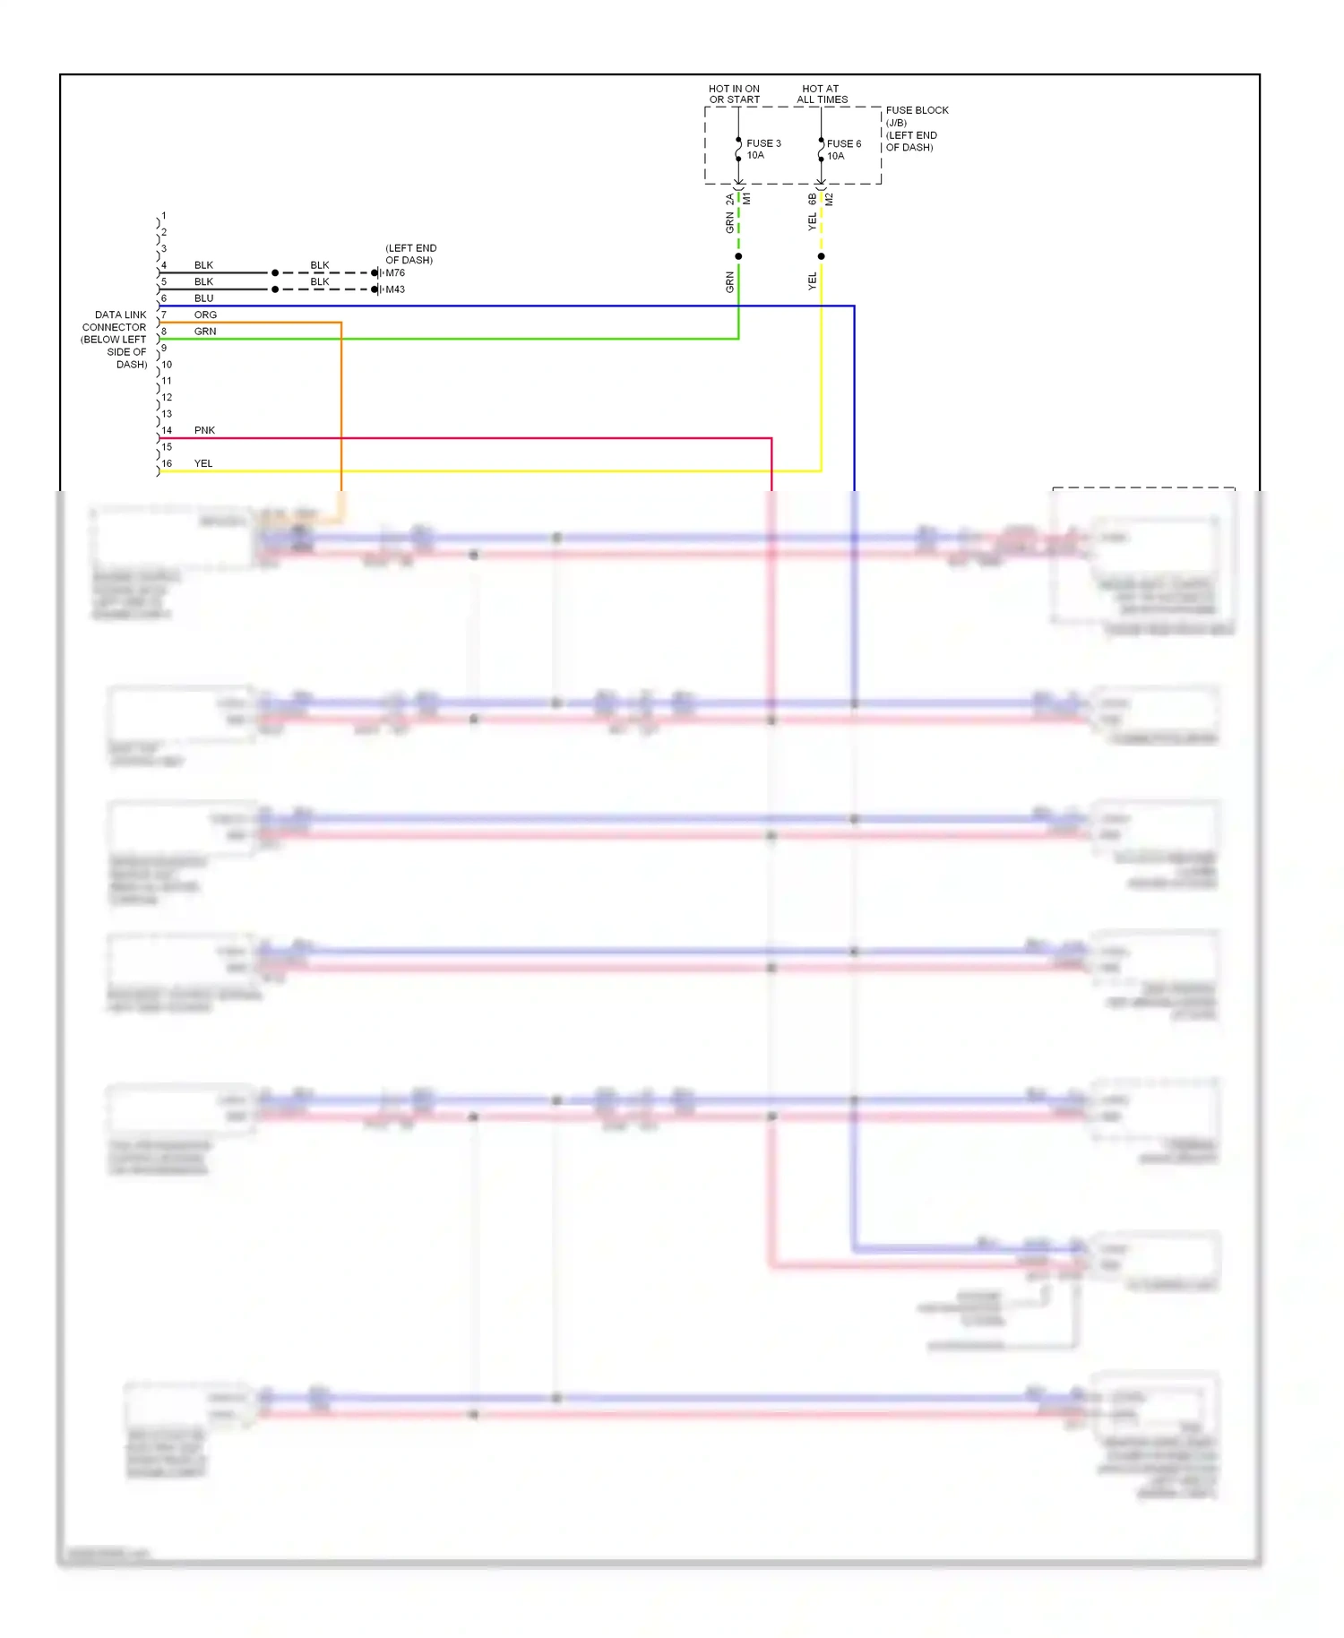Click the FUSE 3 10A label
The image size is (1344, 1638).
click(762, 149)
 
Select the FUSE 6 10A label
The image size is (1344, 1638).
click(843, 150)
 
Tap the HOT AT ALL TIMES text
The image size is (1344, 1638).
click(822, 94)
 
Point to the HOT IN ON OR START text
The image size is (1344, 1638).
click(734, 94)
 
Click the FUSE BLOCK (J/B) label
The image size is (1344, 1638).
click(917, 116)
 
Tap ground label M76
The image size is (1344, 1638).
click(395, 273)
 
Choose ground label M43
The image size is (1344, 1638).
click(395, 289)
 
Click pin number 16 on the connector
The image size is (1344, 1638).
click(167, 463)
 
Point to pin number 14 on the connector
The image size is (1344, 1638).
click(167, 430)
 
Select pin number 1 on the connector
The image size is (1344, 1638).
click(164, 216)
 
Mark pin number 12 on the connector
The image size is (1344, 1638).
click(167, 397)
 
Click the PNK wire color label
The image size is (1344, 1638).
click(204, 430)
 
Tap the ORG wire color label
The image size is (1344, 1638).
click(205, 315)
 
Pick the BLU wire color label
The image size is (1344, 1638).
click(203, 298)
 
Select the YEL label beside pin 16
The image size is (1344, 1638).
click(203, 463)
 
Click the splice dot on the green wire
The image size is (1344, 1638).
click(738, 256)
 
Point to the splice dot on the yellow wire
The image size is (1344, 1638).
click(821, 256)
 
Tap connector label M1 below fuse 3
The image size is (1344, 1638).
click(747, 199)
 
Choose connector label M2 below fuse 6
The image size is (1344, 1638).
click(830, 199)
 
